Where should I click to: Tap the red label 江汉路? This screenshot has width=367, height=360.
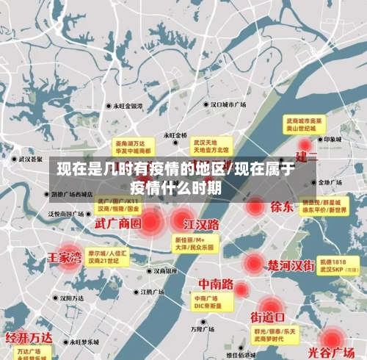tap(201, 223)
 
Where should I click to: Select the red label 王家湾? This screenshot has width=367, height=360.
tap(65, 258)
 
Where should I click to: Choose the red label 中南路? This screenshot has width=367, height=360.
tap(217, 284)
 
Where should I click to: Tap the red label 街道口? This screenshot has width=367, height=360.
tap(268, 317)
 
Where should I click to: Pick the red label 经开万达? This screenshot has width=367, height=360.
tap(29, 338)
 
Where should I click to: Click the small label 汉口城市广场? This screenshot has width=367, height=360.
tap(228, 105)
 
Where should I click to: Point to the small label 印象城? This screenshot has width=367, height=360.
tap(334, 139)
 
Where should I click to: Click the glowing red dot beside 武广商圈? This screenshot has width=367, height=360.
tap(153, 220)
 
